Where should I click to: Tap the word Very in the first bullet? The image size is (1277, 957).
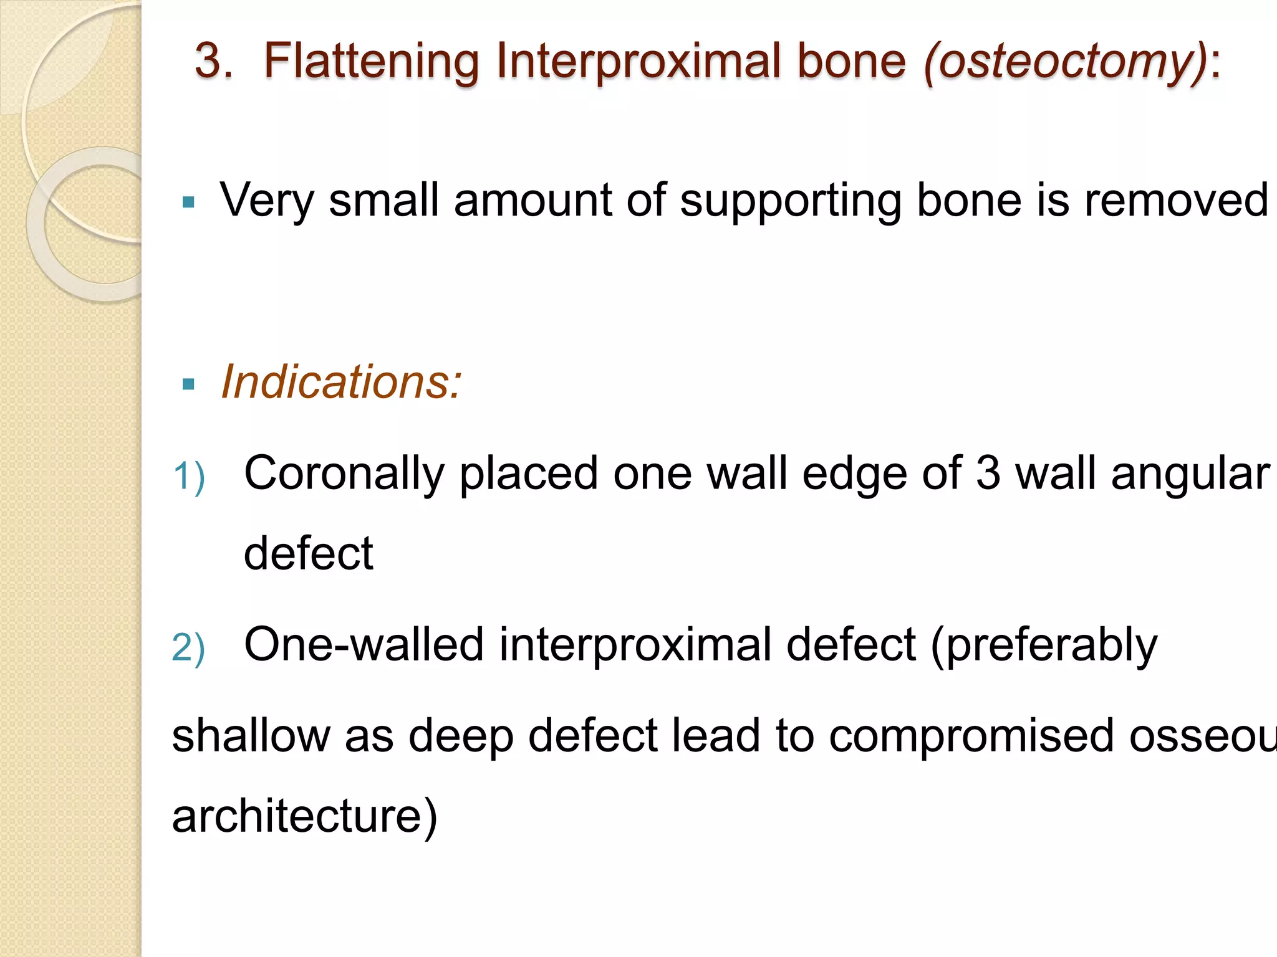[266, 201]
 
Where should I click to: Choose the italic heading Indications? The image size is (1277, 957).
[342, 382]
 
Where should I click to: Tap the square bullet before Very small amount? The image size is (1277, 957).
[188, 202]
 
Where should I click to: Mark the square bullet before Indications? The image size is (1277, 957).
[188, 384]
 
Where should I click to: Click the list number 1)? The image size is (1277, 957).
[188, 477]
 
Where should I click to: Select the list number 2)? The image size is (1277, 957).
[188, 648]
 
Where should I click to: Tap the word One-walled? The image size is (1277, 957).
[364, 645]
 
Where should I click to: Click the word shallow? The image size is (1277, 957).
[251, 736]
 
